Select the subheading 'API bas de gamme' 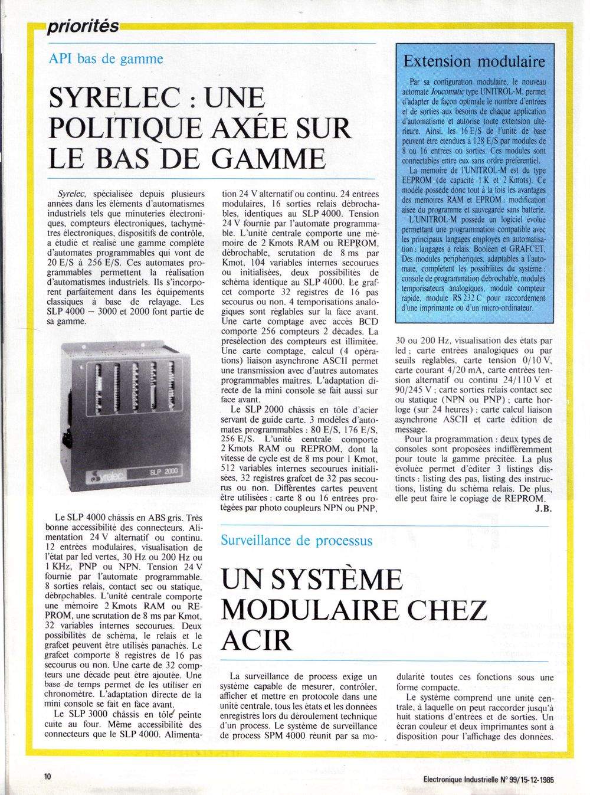(106, 59)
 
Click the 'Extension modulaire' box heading (474, 61)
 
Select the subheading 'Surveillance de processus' (296, 540)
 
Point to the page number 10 (47, 777)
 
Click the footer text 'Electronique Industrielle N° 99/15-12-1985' (489, 778)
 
